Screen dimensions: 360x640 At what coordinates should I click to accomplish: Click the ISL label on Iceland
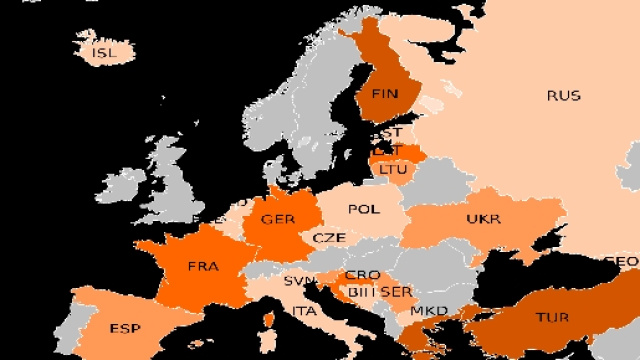pyautogui.click(x=103, y=52)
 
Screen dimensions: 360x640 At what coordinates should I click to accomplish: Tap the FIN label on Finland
pyautogui.click(x=385, y=94)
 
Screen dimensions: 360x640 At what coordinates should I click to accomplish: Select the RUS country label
pyautogui.click(x=563, y=96)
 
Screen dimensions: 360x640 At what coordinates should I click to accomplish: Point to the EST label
pyautogui.click(x=388, y=132)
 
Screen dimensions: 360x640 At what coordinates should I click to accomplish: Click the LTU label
pyautogui.click(x=393, y=170)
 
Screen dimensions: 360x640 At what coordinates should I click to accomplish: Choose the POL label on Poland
pyautogui.click(x=363, y=209)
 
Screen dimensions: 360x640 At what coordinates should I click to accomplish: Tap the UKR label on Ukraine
pyautogui.click(x=483, y=219)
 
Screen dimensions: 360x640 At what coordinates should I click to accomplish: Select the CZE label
pyautogui.click(x=329, y=238)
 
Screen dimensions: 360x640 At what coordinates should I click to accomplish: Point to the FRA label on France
pyautogui.click(x=204, y=267)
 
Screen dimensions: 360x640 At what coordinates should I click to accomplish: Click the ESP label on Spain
pyautogui.click(x=125, y=328)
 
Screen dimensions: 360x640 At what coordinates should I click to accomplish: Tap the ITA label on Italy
pyautogui.click(x=305, y=312)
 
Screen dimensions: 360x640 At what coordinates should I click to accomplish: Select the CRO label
pyautogui.click(x=361, y=275)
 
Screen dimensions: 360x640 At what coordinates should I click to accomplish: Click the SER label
pyautogui.click(x=397, y=292)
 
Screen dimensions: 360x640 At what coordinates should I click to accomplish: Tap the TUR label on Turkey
pyautogui.click(x=551, y=317)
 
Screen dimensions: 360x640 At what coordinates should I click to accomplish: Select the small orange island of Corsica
pyautogui.click(x=268, y=322)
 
